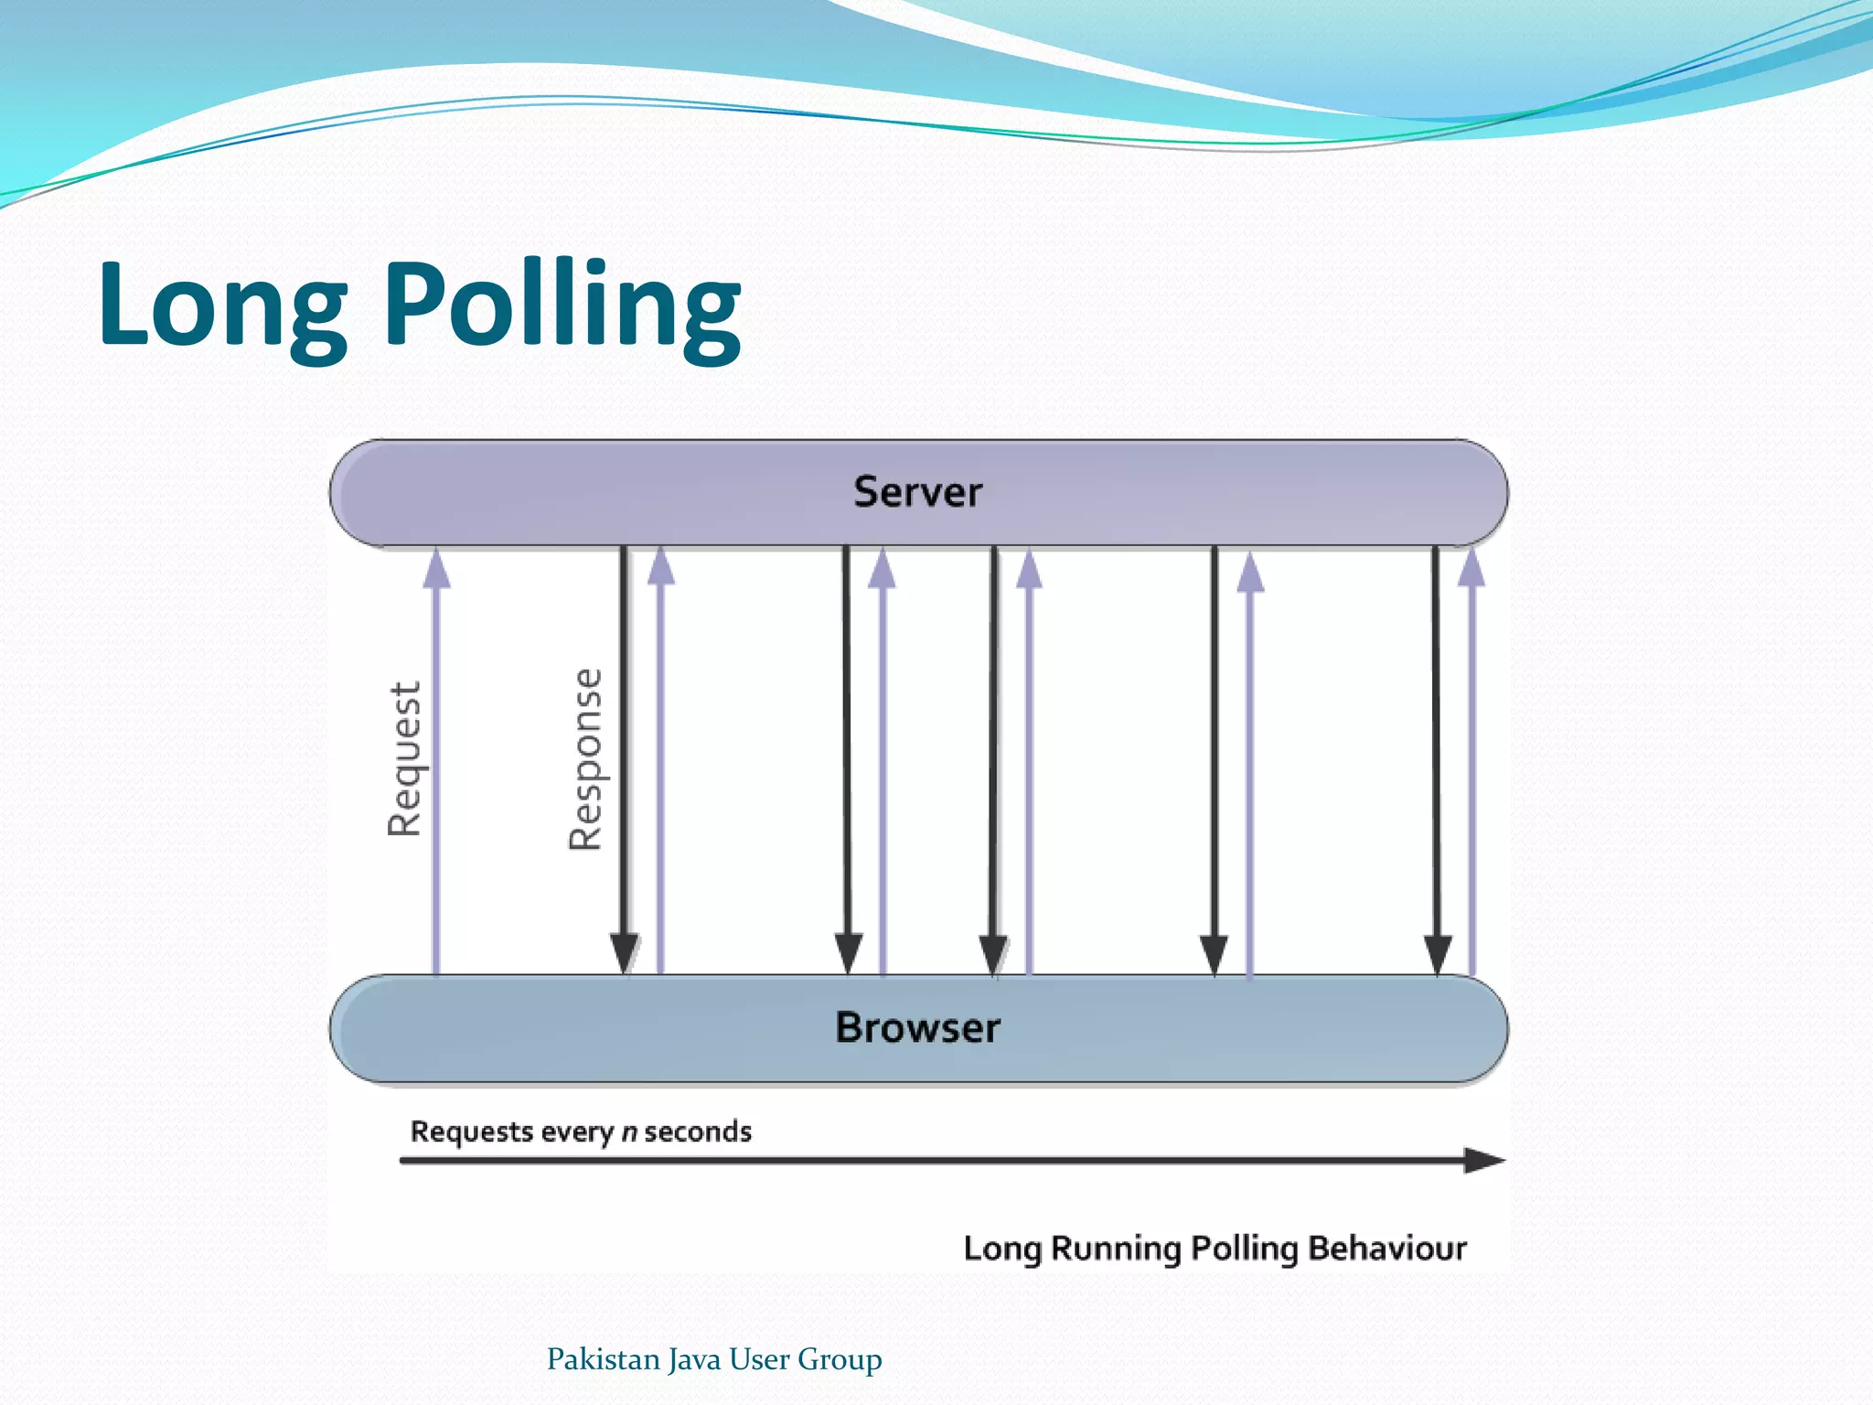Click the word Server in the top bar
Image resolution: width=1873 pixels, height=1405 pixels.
coord(917,492)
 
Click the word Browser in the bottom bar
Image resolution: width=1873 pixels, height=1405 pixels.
coord(917,1027)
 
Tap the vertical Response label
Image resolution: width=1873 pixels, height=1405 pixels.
coord(586,759)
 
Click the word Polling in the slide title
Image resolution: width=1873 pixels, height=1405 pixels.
coord(562,306)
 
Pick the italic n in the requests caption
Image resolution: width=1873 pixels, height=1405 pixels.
coord(629,1132)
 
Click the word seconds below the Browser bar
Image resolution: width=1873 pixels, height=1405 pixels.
coord(698,1132)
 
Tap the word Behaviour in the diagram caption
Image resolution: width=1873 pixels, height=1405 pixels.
coord(1387,1249)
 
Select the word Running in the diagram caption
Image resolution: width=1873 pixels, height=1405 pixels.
coord(1116,1249)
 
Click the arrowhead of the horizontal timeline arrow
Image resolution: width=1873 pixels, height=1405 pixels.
coord(1482,1161)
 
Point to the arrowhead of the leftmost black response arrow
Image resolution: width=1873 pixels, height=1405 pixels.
coord(624,953)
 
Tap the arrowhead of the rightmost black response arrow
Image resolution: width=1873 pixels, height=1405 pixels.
coord(1438,954)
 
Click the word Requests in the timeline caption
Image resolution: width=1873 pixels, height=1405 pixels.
coord(471,1132)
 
